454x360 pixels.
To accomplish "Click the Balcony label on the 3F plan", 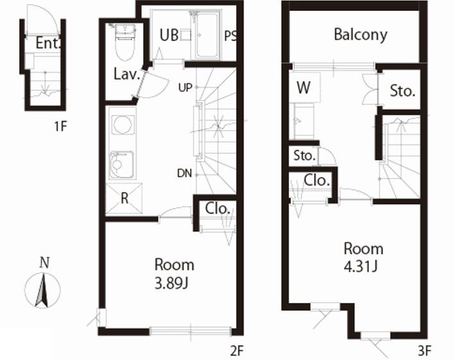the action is coord(360,35).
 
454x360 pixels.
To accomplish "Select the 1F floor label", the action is coord(60,126).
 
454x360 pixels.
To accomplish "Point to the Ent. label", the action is coord(48,43).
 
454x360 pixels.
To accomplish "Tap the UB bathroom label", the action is coord(169,35).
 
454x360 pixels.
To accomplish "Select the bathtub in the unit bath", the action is coord(206,35).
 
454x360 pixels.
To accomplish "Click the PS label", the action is coord(230,36).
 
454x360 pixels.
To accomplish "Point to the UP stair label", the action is coord(185,87).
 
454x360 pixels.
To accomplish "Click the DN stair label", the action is coord(185,174).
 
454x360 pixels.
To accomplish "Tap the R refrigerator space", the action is coord(124,198).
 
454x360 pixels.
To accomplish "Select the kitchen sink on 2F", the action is coord(122,165).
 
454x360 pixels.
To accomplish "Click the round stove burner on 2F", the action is coord(123,124).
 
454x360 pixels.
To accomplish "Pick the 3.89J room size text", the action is coord(171,284).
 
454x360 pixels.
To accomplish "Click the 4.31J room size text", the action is coord(360,267).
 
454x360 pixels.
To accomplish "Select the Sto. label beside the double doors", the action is coord(403,91).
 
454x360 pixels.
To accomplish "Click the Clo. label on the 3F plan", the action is coord(317,180).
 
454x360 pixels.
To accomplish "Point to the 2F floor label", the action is coord(237,351).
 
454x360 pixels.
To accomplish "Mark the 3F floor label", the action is coord(425,351).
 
